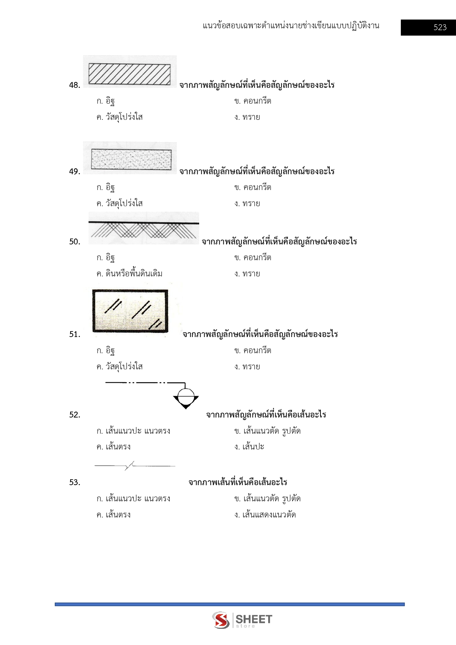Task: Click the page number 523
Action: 440,28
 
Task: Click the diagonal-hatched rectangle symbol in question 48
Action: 129,74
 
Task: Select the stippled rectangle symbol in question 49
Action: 131,159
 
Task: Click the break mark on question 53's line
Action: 129,466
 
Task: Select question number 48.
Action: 75,85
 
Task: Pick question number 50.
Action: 75,242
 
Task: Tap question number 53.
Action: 75,483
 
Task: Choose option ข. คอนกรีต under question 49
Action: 253,187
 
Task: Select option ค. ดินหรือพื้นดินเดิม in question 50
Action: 129,274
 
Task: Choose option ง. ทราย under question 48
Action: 247,117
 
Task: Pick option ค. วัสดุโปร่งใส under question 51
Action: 119,367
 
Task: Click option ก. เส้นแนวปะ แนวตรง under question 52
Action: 133,431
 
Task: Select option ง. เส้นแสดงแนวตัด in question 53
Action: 265,515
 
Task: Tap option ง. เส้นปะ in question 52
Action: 249,447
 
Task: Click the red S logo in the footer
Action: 221,620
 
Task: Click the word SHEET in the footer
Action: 254,619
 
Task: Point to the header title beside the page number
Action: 291,26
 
